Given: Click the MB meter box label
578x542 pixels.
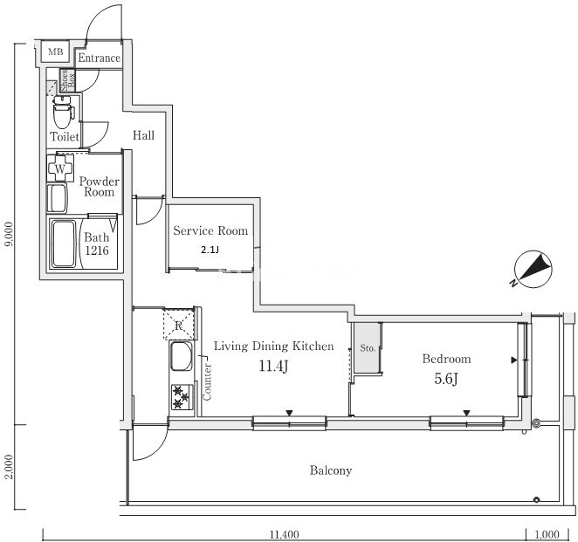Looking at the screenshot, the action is pyautogui.click(x=56, y=52).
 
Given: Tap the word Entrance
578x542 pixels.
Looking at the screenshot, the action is pyautogui.click(x=100, y=58).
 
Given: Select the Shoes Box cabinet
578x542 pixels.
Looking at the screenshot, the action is pyautogui.click(x=68, y=80).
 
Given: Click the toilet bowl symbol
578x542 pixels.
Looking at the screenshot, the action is pyautogui.click(x=63, y=112).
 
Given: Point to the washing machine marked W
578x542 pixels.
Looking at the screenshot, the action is pyautogui.click(x=60, y=168).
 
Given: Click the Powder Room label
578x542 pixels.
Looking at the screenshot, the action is pyautogui.click(x=100, y=187).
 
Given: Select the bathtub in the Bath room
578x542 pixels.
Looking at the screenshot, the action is pyautogui.click(x=64, y=244).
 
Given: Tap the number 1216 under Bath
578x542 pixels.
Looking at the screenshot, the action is pyautogui.click(x=97, y=250).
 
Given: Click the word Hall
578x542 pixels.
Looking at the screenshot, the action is pyautogui.click(x=143, y=135).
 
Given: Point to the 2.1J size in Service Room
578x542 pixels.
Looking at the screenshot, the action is pyautogui.click(x=210, y=250).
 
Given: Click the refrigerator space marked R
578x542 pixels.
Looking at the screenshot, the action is pyautogui.click(x=179, y=324).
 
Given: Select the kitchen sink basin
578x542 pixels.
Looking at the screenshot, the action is pyautogui.click(x=182, y=356).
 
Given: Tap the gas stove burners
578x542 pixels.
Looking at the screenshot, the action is pyautogui.click(x=182, y=397).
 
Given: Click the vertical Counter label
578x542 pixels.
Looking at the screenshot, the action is pyautogui.click(x=207, y=381).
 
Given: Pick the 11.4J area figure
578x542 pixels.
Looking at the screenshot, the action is pyautogui.click(x=273, y=366).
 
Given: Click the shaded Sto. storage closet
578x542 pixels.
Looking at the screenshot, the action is pyautogui.click(x=368, y=348).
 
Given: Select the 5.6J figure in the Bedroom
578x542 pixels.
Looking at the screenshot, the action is pyautogui.click(x=446, y=379).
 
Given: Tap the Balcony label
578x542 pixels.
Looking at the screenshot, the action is pyautogui.click(x=331, y=470).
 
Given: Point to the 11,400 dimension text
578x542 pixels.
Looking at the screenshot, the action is pyautogui.click(x=285, y=534).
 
